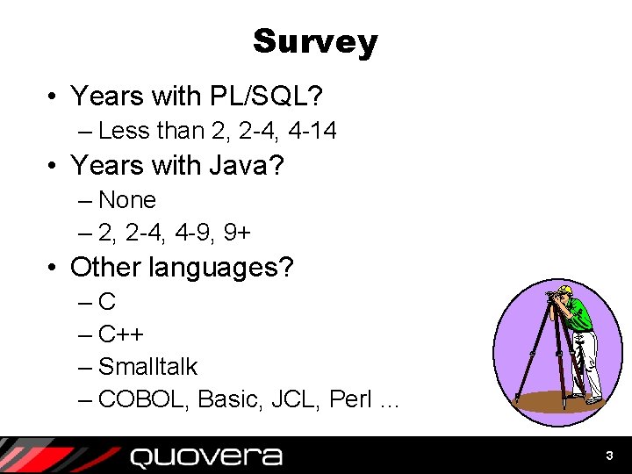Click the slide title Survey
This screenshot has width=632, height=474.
coord(315,41)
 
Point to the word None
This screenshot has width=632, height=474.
coord(127,200)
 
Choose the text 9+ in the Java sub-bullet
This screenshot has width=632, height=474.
coord(236,233)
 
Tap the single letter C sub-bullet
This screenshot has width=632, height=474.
coord(107,303)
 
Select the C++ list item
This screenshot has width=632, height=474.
coord(121,334)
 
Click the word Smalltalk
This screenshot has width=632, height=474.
coord(147,367)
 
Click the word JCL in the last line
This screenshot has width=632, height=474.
coord(296,399)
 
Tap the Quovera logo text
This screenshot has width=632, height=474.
coord(205,456)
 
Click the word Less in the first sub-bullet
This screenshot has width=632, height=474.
coord(124,131)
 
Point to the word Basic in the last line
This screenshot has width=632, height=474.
coord(229,399)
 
